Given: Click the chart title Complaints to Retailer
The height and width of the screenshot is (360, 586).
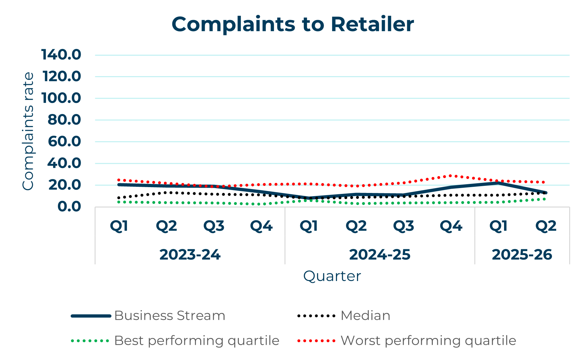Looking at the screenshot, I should click(x=293, y=24).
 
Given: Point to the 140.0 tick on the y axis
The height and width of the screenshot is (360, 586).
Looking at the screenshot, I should click(x=61, y=55).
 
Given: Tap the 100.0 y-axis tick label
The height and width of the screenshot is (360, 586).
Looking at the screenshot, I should click(x=61, y=98).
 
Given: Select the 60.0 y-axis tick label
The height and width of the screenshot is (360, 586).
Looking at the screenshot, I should click(x=64, y=141).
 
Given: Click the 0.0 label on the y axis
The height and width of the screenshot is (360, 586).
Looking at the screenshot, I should click(x=69, y=207).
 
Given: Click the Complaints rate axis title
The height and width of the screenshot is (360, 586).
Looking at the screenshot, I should click(x=28, y=131).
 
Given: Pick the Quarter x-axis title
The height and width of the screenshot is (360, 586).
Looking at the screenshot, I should click(x=332, y=276).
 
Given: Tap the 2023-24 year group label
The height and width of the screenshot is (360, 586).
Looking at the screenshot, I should click(x=190, y=255).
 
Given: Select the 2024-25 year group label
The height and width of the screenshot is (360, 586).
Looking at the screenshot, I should click(x=380, y=255).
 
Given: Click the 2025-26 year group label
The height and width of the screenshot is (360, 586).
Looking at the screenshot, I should click(x=522, y=255).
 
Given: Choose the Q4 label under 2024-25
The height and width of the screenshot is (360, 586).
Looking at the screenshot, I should click(x=451, y=226).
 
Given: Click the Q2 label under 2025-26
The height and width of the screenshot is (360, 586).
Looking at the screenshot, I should click(x=546, y=226).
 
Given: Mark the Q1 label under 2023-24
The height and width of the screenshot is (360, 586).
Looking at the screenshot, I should click(x=119, y=226).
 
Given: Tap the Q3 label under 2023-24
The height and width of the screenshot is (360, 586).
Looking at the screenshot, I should click(x=214, y=226).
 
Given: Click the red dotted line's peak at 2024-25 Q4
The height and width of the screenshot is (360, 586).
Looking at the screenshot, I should click(x=451, y=176).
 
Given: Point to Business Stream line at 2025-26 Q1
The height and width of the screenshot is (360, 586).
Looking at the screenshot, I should click(x=498, y=183).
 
